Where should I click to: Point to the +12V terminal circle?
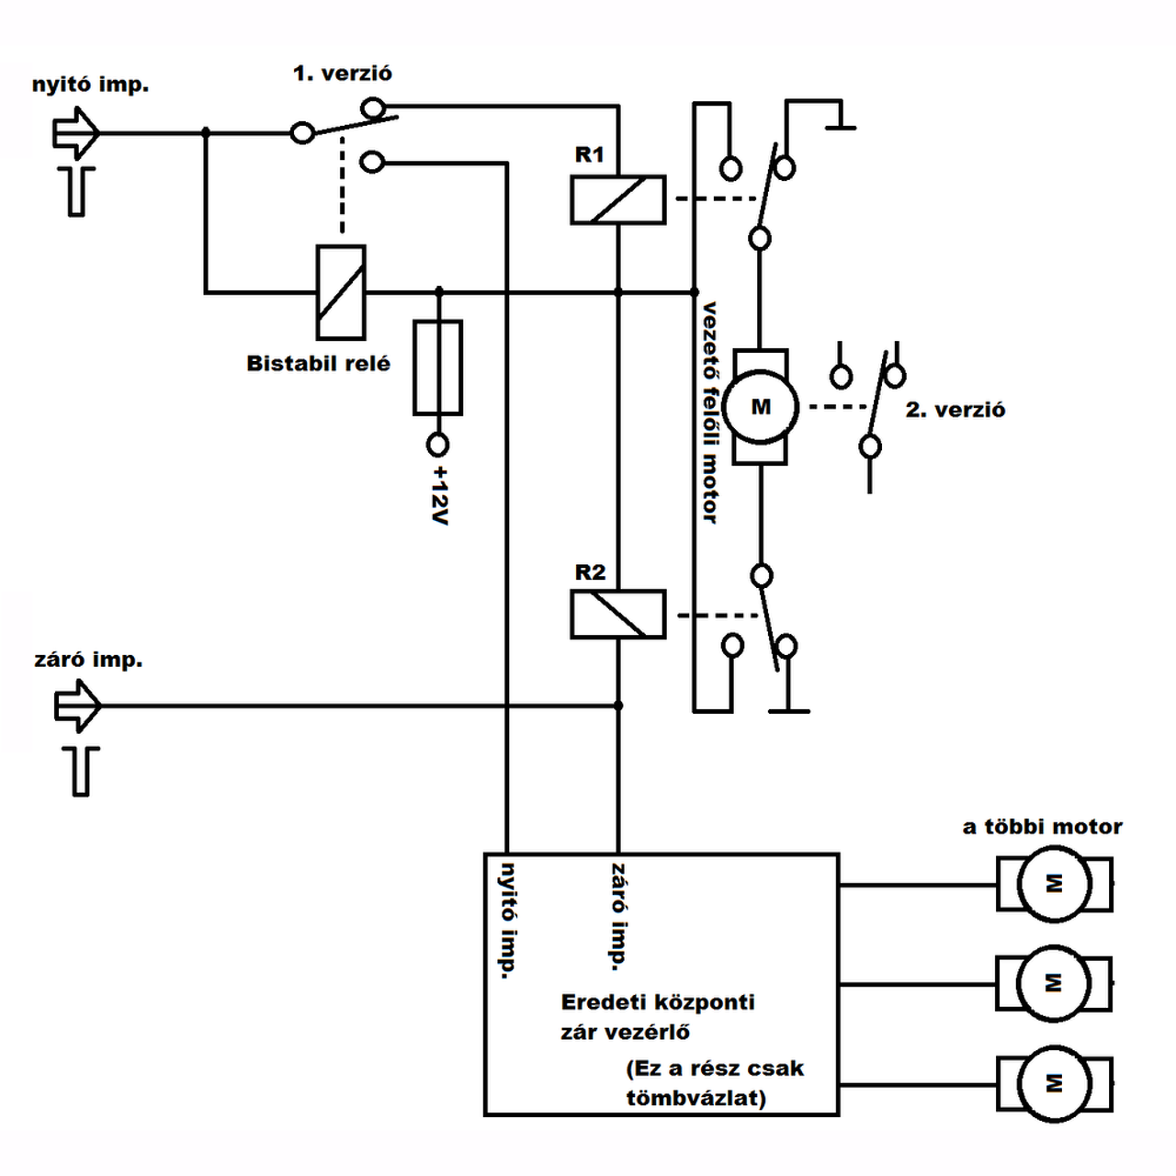pos(437,445)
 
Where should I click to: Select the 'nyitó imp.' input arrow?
pos(76,132)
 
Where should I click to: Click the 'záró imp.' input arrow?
pos(78,706)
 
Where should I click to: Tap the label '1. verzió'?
pos(343,73)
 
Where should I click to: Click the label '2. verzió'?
pos(955,410)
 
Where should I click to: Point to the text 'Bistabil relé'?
pos(318,363)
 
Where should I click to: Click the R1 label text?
pos(590,154)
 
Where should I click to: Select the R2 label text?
pos(590,571)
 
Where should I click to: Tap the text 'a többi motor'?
pos(1043,827)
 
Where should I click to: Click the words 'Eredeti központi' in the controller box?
pos(658,1002)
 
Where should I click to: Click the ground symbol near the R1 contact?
pos(841,127)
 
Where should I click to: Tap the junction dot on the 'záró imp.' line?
pos(618,706)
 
